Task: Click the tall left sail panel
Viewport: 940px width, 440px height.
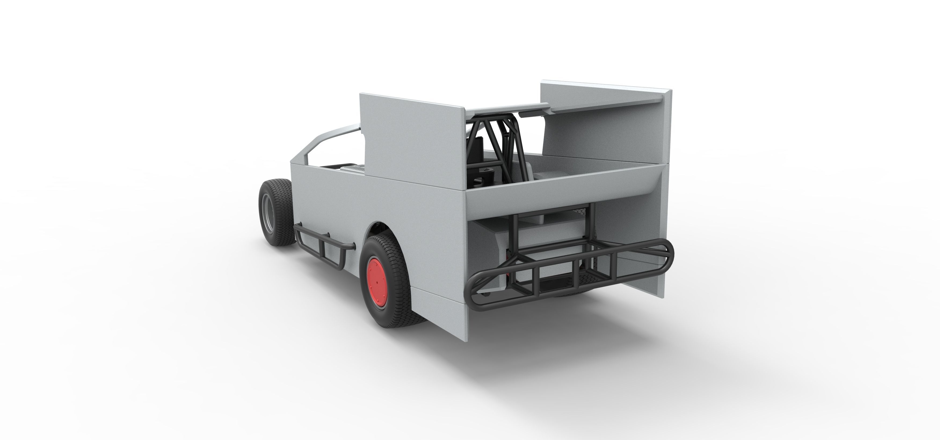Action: (x=412, y=142)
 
